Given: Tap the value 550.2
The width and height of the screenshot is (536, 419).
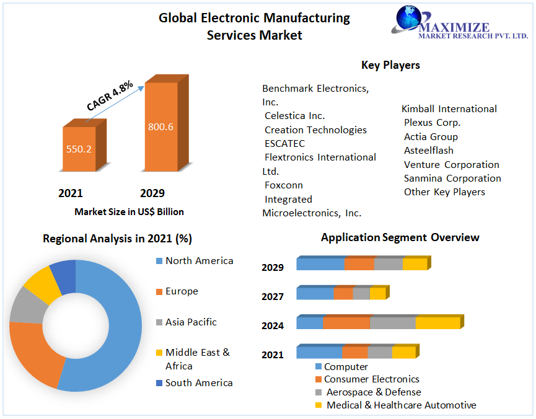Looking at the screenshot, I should coord(79,149).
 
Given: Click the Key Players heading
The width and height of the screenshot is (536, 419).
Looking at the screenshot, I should coord(390,65).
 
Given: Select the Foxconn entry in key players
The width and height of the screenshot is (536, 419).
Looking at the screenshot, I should coord(283,185).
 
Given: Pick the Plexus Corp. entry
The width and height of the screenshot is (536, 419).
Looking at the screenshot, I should coord(432,123).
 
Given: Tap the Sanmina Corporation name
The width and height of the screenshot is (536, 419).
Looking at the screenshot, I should coord(452,178).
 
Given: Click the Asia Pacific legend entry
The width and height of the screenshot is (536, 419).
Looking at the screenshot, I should coord(190,322).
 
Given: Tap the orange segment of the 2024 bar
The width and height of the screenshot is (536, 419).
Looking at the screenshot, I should coord(346,323).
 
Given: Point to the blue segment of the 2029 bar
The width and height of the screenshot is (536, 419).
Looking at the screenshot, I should coord(320,264).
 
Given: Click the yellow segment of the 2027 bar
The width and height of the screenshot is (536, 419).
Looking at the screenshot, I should coord(377,293).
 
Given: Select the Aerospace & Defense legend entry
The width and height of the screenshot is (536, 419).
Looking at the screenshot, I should coord(373,392).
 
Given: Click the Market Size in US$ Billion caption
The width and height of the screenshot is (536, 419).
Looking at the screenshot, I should coord(129,211).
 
